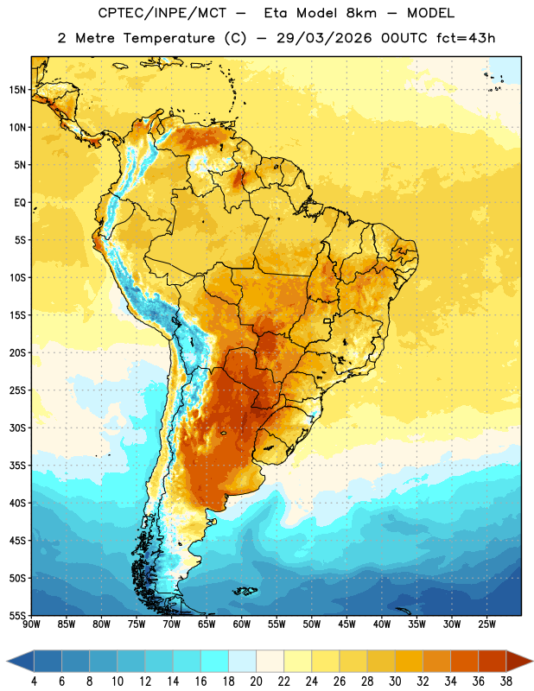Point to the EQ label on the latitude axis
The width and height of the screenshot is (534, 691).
tap(20, 203)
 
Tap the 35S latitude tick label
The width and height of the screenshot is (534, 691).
tap(18, 466)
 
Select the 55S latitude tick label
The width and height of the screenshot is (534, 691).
tap(18, 616)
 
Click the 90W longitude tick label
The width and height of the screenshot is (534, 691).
tap(31, 624)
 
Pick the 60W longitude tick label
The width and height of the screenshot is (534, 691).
tap(242, 624)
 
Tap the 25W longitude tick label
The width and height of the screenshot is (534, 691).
tap(487, 624)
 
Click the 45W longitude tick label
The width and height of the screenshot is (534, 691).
tap(347, 624)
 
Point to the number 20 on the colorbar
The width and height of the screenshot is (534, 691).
tap(256, 681)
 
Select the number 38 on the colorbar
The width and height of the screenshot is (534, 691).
tap(506, 681)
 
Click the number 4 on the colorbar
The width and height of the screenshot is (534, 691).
tap(34, 681)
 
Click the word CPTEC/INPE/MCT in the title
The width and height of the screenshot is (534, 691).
tap(162, 13)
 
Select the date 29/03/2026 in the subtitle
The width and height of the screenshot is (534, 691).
tap(324, 38)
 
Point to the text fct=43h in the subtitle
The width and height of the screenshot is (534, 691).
tap(466, 38)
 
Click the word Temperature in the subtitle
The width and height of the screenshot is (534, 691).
tap(168, 38)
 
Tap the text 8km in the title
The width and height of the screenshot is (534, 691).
tap(361, 13)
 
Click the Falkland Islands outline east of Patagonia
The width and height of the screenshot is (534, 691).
tap(245, 591)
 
